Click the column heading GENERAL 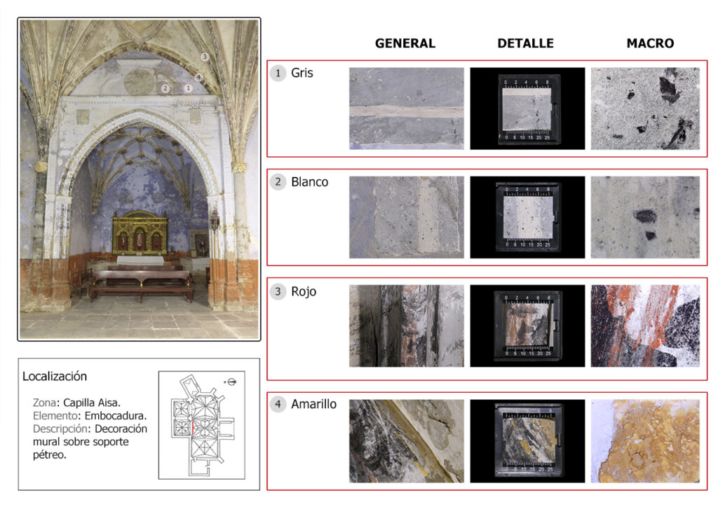point(405,43)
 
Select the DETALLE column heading point(525,43)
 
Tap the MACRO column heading point(650,43)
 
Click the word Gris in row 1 point(302,73)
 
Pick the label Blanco point(309,182)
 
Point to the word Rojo point(304,292)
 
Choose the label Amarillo point(313,404)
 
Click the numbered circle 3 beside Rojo point(278,291)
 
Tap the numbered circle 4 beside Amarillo point(278,404)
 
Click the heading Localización point(55,376)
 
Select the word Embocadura point(116,416)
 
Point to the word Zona point(44,403)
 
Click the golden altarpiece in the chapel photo point(140,233)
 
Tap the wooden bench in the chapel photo point(141,284)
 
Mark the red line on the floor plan point(193,427)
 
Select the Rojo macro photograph point(645,326)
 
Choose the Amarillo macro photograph point(645,441)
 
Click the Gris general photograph point(407,109)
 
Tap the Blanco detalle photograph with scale point(527,217)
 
